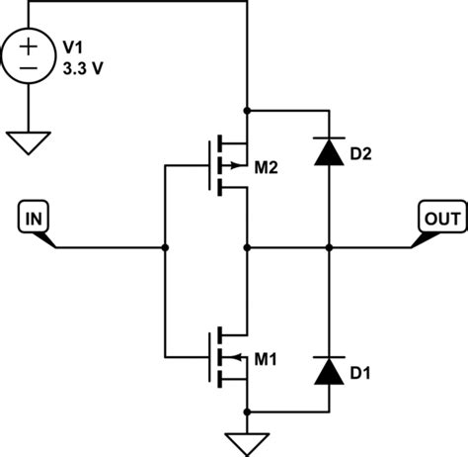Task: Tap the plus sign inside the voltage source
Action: pos(31,46)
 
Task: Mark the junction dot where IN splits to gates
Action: pos(165,246)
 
